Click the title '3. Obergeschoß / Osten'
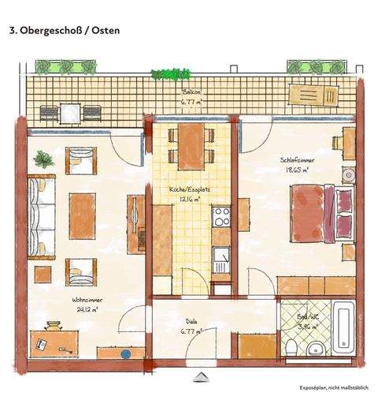tap(65, 31)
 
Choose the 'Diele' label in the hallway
tap(191, 322)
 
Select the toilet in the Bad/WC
tap(291, 344)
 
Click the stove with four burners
tap(220, 215)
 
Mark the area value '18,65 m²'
tap(295, 169)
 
